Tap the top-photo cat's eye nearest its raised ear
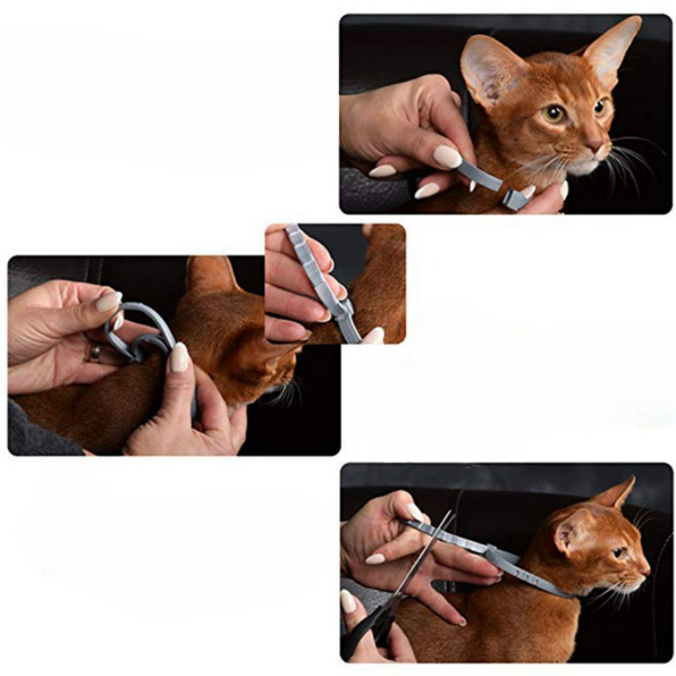[553, 113]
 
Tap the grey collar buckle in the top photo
[514, 199]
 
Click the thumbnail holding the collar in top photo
[447, 156]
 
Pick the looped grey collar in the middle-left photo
[139, 330]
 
